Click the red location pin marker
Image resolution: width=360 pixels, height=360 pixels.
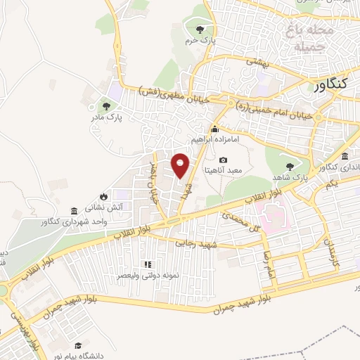181,165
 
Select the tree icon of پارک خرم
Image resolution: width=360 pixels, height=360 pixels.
200,29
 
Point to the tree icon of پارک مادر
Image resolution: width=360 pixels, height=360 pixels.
105,106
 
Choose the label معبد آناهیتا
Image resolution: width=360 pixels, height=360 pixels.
223,169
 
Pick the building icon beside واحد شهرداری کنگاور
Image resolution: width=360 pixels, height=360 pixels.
75,211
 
